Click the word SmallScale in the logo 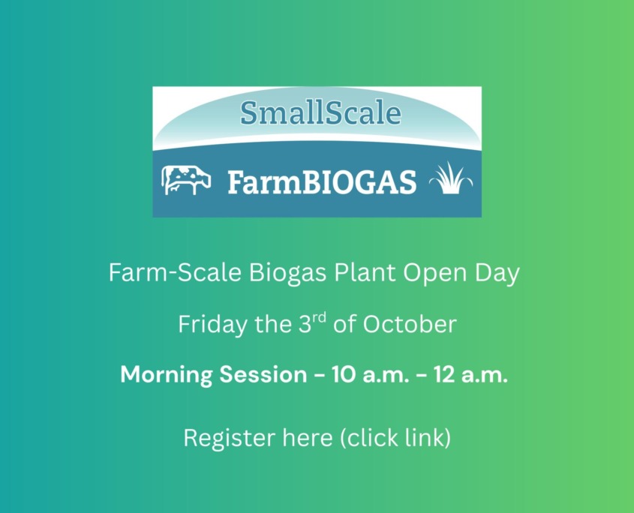[x=320, y=112]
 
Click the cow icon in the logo [x=186, y=180]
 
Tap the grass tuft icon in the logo [x=450, y=178]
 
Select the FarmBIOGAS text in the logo [x=321, y=181]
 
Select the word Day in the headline [x=496, y=273]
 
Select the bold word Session [x=263, y=375]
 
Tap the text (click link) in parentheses [x=395, y=437]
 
